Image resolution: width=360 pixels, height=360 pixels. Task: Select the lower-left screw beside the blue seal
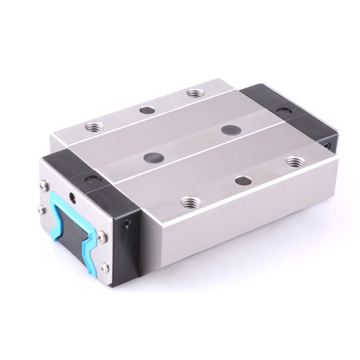(38, 212)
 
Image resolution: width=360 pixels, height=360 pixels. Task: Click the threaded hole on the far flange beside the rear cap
(195, 94)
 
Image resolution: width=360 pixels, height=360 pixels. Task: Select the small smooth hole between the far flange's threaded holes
(147, 110)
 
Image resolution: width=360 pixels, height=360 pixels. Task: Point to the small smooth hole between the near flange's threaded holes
(243, 181)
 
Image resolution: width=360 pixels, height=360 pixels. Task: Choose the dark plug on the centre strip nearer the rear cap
(230, 130)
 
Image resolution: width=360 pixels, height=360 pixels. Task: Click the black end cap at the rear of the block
(289, 120)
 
